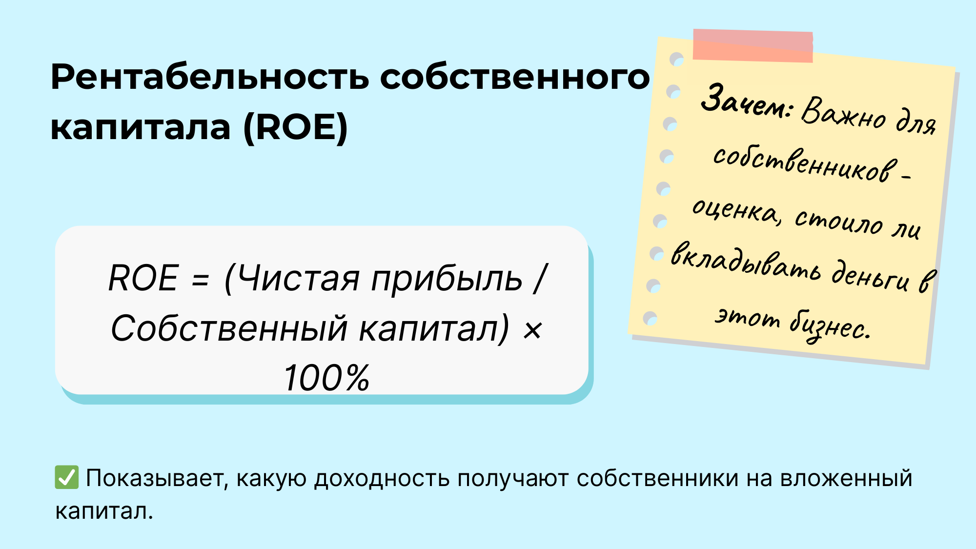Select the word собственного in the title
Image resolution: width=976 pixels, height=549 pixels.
click(515, 78)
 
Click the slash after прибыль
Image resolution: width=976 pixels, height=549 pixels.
click(541, 279)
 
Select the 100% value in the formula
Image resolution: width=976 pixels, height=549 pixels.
click(326, 378)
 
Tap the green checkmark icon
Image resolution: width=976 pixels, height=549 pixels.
click(66, 477)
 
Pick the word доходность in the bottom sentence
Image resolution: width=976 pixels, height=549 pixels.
click(382, 478)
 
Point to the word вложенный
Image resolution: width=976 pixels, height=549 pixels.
click(846, 478)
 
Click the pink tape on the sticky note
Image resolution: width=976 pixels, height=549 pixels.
click(753, 45)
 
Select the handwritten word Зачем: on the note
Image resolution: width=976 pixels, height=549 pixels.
click(746, 102)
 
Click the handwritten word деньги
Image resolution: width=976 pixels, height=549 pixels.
click(871, 276)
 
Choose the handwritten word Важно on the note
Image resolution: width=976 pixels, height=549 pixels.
click(843, 113)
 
